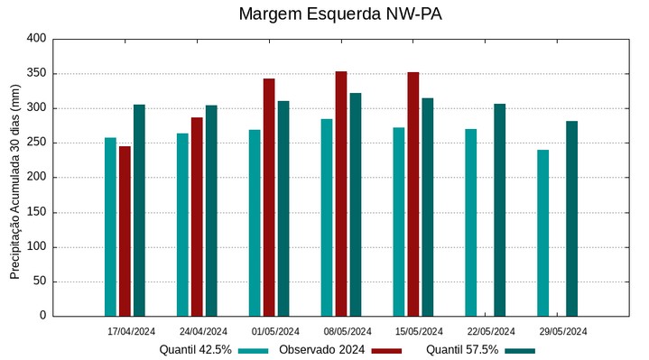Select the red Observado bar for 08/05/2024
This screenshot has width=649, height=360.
341,194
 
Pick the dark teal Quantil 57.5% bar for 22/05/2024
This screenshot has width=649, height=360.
499,210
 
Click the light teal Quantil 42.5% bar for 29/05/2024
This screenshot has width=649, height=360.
542,233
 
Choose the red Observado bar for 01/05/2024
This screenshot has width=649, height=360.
269,198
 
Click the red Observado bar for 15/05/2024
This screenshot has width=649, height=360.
413,194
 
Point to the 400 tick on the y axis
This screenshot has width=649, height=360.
36,39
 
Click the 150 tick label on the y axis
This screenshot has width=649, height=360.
36,212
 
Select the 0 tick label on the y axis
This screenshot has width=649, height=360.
42,316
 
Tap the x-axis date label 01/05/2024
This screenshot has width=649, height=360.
275,331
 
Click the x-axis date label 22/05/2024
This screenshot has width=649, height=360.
492,331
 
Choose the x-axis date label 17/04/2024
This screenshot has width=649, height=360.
131,331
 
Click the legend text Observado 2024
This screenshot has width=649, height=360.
321,350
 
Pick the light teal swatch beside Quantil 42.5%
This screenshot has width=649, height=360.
255,350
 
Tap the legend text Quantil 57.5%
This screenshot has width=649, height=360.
462,350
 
